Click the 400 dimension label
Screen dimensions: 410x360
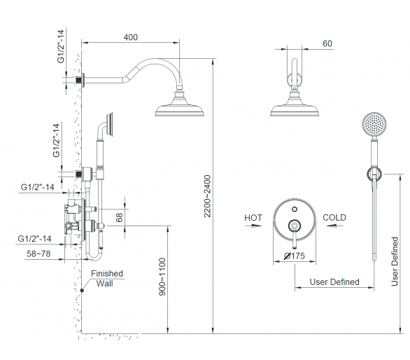(130, 37)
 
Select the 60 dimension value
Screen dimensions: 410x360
(327, 43)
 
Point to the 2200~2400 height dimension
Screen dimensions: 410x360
(207, 196)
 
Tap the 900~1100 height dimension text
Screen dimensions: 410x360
(162, 277)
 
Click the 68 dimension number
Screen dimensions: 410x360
(119, 218)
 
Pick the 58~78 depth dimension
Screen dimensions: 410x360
(38, 254)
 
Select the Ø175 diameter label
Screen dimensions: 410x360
(295, 256)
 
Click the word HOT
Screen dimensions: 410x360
(253, 218)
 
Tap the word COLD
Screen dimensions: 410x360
(334, 218)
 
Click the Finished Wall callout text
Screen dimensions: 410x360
(106, 278)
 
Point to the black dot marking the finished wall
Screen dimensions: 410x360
(82, 291)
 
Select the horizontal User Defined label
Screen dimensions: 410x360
(334, 282)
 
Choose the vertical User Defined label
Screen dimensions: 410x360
(395, 261)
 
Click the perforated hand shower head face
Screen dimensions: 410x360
(374, 125)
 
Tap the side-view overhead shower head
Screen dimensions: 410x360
(179, 104)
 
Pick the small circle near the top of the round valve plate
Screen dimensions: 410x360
(295, 209)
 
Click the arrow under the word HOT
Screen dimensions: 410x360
(253, 226)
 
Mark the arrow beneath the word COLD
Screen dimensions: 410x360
(334, 226)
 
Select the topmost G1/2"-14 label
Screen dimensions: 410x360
(61, 46)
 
